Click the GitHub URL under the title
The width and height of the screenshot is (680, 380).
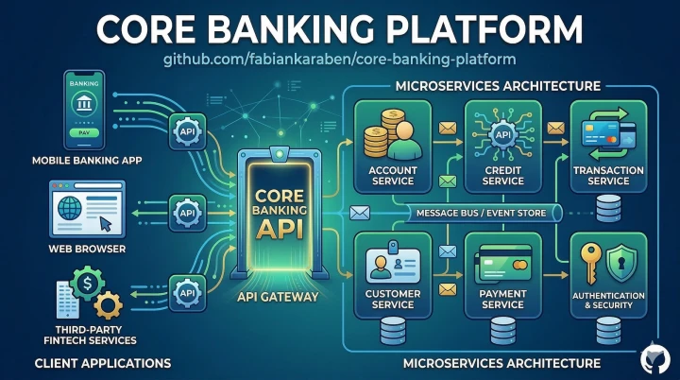tap(340, 60)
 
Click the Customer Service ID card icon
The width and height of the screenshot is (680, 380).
tap(387, 259)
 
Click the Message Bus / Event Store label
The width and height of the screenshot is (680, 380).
tap(481, 214)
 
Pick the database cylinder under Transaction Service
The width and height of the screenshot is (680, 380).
tap(609, 205)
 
